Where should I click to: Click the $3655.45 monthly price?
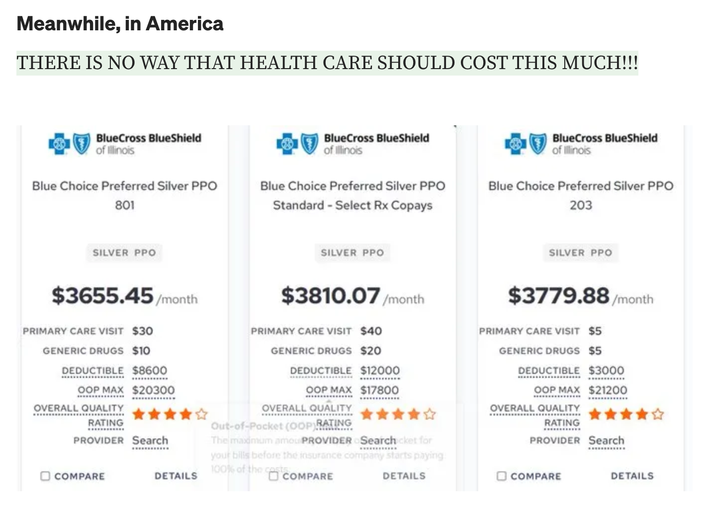102,296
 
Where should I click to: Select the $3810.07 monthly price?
331,296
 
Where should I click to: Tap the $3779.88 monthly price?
558,296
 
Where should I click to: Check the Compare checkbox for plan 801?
45,476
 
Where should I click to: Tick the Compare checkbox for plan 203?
502,476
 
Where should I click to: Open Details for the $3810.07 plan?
404,476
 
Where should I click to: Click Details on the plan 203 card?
632,476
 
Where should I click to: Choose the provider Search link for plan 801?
150,441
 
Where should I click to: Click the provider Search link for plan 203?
606,441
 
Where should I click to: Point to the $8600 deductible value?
150,371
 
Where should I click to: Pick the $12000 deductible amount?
380,371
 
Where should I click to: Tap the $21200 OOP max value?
608,390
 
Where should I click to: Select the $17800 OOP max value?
379,390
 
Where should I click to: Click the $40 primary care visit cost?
371,331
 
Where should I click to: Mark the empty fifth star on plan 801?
201,414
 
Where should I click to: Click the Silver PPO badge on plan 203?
580,253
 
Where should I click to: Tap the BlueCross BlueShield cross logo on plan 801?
59,144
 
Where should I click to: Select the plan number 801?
125,205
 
